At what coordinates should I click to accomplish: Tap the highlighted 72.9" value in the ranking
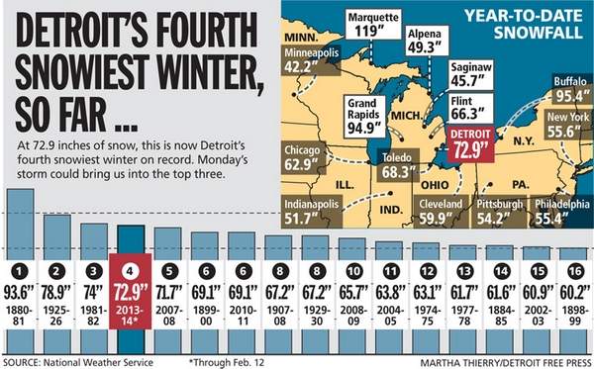(x=132, y=292)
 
